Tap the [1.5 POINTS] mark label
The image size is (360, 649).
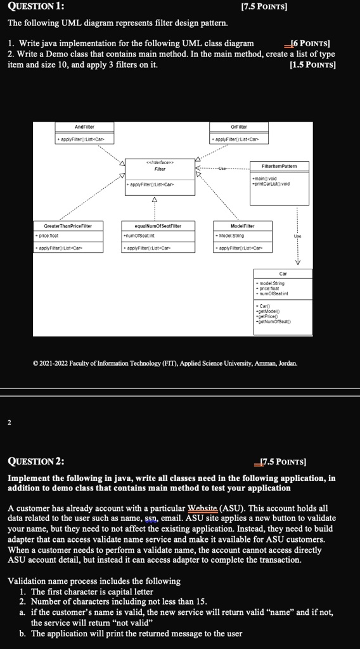click(x=312, y=65)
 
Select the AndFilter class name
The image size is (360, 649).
click(x=84, y=127)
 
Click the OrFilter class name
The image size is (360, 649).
click(x=238, y=127)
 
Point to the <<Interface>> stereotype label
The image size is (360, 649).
click(x=160, y=162)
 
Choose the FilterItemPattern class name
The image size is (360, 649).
click(x=279, y=165)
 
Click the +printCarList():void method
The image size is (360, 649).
click(x=271, y=184)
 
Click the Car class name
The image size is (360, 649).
click(x=283, y=274)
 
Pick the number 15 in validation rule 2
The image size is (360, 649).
click(x=201, y=601)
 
